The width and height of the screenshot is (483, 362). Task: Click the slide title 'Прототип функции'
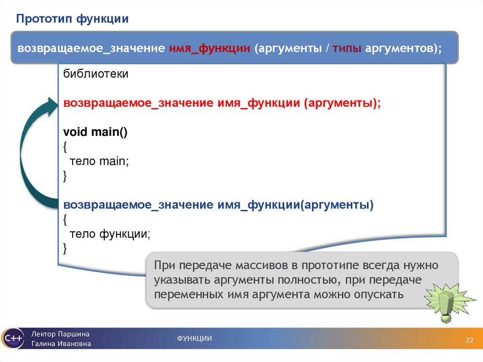point(73,19)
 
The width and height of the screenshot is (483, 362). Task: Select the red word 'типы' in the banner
point(348,49)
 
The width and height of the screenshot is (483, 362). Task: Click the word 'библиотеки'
point(96,75)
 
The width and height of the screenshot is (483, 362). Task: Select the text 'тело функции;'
point(110,234)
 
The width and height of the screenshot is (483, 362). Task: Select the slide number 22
point(469,341)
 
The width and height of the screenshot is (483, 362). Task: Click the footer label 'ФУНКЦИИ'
point(194,338)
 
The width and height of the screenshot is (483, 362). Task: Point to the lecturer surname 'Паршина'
point(74,334)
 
